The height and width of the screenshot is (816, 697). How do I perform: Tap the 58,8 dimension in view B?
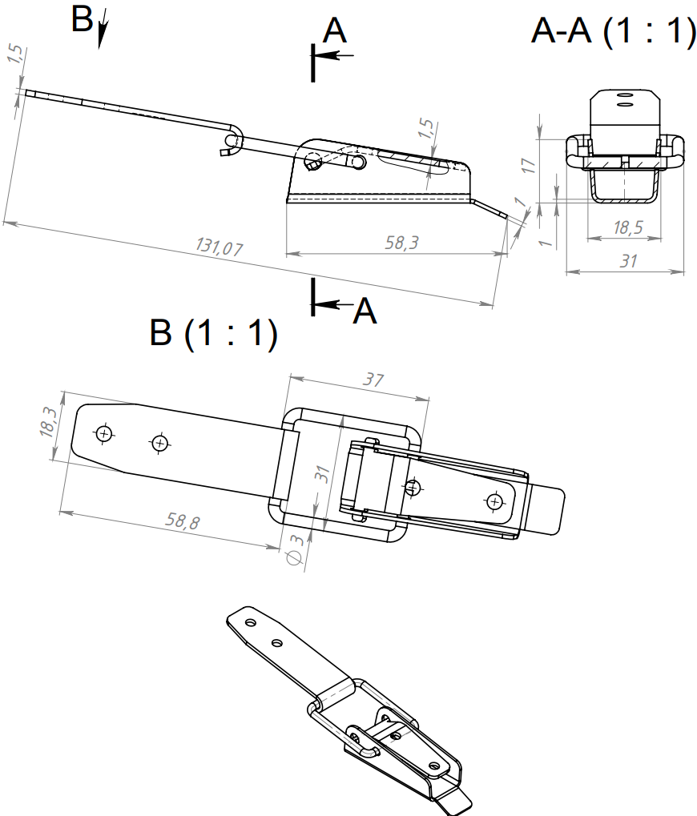pos(183,522)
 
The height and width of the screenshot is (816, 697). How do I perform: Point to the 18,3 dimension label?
pos(48,422)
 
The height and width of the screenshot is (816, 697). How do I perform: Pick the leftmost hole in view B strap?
pos(103,434)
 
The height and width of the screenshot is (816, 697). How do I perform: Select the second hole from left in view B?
pos(160,442)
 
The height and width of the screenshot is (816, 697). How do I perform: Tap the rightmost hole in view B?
pos(495,501)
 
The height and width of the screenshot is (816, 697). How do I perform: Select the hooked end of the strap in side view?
pos(228,145)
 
